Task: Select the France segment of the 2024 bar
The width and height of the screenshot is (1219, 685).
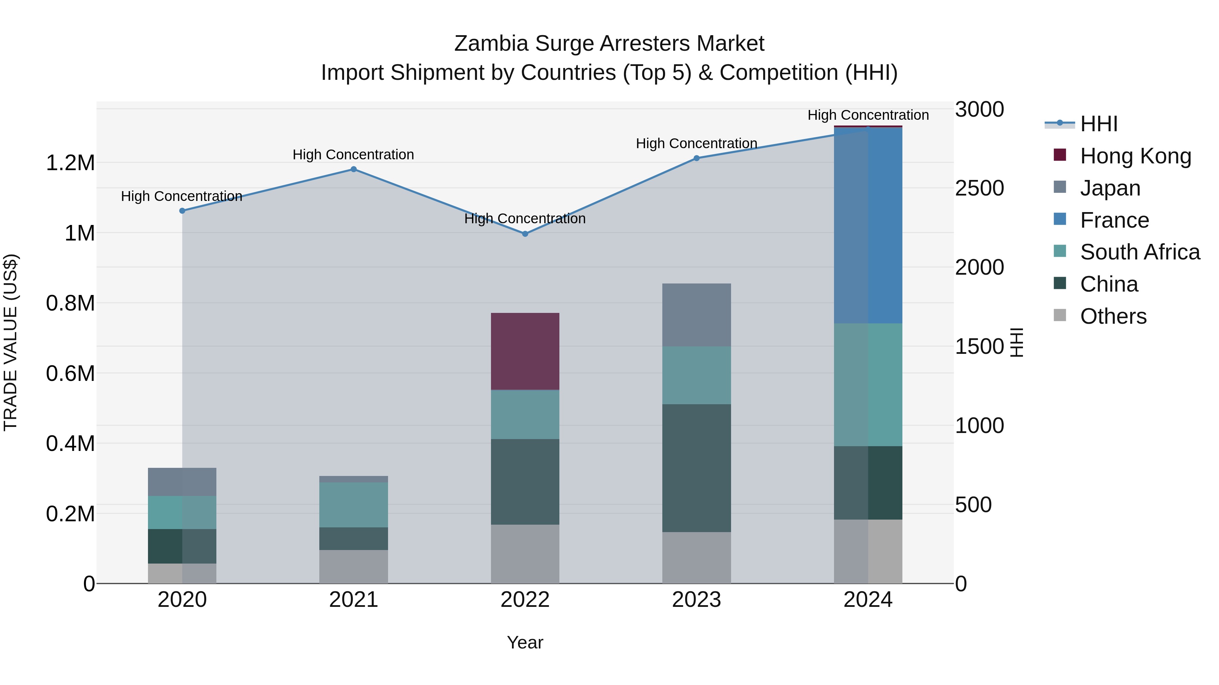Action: [x=868, y=226]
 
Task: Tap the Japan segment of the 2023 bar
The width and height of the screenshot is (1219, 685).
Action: [x=696, y=315]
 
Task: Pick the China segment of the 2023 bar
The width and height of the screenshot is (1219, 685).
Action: [x=696, y=468]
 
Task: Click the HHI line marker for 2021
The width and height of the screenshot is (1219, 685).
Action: [x=354, y=169]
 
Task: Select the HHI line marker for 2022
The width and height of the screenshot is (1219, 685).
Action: [x=525, y=233]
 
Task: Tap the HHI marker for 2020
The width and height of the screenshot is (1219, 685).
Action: [x=182, y=211]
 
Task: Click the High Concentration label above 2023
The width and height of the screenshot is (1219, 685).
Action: [x=696, y=143]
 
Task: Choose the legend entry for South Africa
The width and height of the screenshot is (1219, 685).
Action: [x=1139, y=252]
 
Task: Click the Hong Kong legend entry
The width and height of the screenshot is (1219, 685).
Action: [x=1135, y=156]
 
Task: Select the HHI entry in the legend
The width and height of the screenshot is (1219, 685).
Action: [x=1098, y=124]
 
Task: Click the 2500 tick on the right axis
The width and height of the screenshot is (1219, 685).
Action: [x=979, y=188]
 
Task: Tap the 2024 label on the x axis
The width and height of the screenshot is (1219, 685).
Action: [x=868, y=600]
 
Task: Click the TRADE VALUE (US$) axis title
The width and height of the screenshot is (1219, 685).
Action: [x=10, y=342]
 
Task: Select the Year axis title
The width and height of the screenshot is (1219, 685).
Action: [x=525, y=642]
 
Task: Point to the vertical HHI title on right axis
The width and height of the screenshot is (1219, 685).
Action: [x=1017, y=342]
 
